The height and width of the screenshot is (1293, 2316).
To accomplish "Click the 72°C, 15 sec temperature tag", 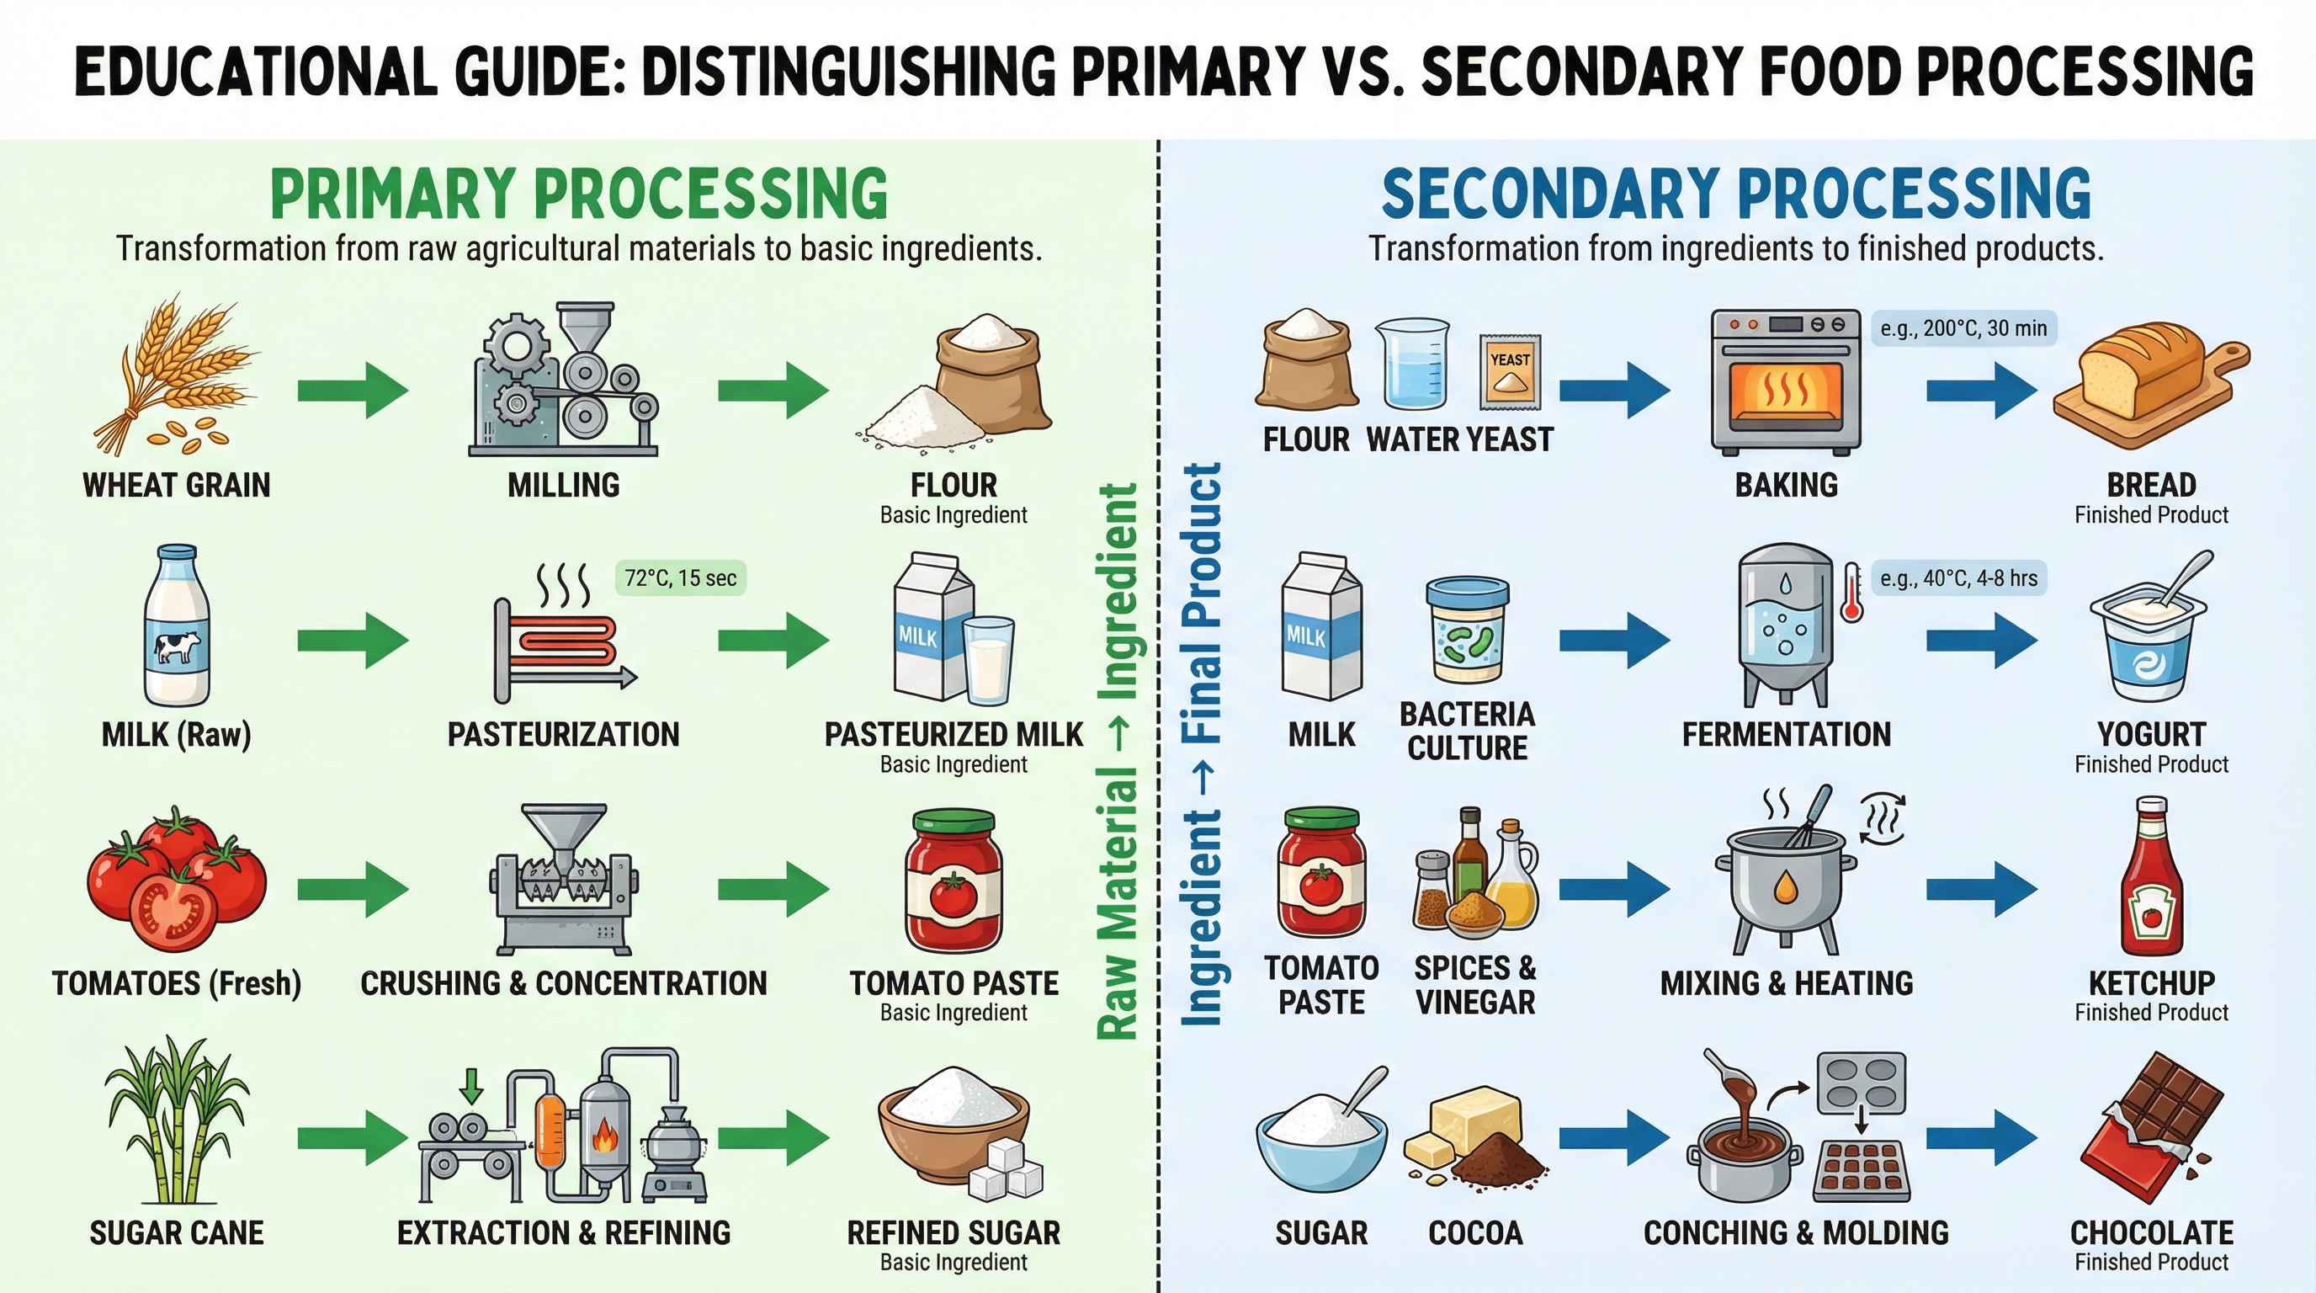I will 680,578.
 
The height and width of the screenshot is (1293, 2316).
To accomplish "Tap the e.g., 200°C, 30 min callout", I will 1963,328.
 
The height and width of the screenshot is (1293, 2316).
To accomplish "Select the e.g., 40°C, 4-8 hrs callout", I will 1958,578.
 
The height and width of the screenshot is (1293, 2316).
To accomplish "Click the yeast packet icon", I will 1510,370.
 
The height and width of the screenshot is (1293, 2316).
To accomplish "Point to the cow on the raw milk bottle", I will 177,646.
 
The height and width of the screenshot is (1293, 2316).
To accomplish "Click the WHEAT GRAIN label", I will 176,486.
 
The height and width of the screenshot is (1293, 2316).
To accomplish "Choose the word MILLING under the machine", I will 564,486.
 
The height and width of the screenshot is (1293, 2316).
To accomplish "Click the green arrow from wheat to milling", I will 353,391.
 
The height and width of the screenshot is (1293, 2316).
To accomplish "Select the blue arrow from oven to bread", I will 1982,391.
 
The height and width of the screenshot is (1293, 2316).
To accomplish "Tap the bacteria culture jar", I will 1468,631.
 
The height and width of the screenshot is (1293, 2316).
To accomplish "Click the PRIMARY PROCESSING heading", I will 579,194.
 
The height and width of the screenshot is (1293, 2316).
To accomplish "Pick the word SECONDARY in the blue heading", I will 1550,194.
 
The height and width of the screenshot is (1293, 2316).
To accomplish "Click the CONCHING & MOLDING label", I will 1795,1232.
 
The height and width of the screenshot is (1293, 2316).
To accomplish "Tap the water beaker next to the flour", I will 1411,364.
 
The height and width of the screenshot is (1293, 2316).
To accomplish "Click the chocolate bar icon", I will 2151,1129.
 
